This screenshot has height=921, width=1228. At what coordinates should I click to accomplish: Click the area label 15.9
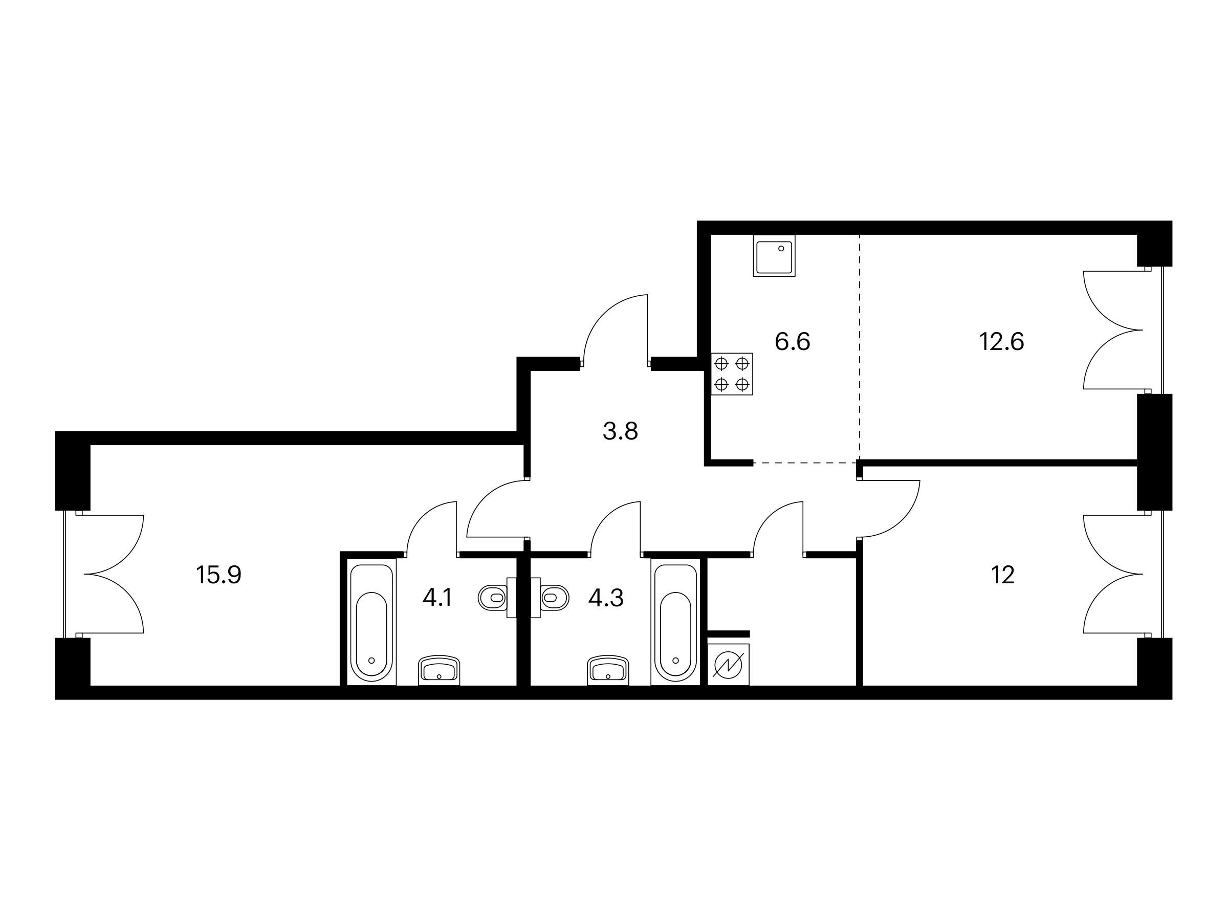pos(218,575)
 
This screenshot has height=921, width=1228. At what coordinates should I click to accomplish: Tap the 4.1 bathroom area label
pos(437,598)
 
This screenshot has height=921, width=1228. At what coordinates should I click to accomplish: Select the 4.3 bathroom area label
pos(606,598)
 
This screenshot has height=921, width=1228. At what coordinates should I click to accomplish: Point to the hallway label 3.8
pos(620,431)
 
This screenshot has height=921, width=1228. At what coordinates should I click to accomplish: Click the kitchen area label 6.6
pos(792,341)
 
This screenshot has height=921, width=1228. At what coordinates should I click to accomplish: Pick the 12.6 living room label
pos(1001,341)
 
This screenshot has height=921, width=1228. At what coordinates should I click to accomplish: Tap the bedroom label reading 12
pos(1002,575)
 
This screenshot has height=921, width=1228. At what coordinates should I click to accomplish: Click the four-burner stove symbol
pos(732,374)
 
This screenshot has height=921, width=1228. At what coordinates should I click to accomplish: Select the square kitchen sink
pos(774,255)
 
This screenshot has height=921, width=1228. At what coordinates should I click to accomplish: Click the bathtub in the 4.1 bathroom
pos(372,622)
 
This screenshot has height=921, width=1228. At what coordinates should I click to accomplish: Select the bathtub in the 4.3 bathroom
pos(675,622)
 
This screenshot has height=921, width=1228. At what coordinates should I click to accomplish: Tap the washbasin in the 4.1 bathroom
pos(439,670)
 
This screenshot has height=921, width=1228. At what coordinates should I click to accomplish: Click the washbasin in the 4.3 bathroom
pos(608,670)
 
